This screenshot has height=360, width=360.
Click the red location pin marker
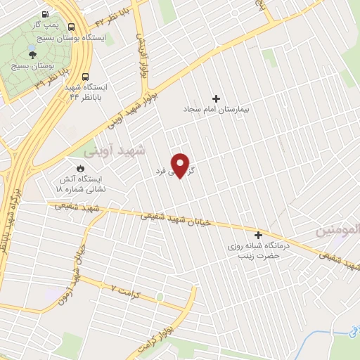pyautogui.click(x=181, y=165)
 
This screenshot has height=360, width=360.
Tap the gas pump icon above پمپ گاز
pyautogui.click(x=46, y=13)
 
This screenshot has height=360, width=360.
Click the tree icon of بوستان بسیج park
pyautogui.click(x=32, y=53)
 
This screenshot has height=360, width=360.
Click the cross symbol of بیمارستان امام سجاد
pyautogui.click(x=216, y=98)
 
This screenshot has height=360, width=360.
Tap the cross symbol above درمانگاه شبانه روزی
pyautogui.click(x=258, y=235)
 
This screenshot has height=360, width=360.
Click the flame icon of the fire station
pyautogui.click(x=80, y=169)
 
